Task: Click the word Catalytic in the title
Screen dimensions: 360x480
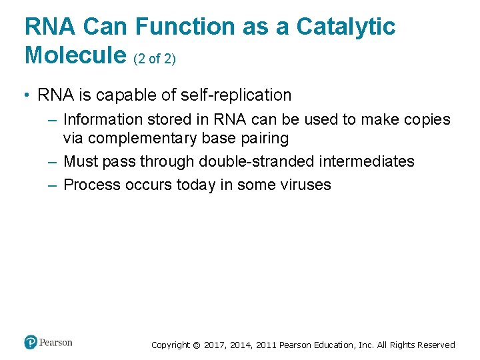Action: coord(345,27)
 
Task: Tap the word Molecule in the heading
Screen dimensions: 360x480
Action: coord(75,56)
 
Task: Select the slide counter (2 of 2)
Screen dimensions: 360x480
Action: coord(155,59)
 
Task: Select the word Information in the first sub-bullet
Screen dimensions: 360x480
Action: coord(103,120)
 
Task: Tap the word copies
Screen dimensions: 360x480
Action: coord(425,120)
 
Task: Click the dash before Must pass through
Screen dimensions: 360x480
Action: coord(53,162)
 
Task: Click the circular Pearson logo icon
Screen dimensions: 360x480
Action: coord(31,343)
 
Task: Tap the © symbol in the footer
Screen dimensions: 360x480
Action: coord(196,345)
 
